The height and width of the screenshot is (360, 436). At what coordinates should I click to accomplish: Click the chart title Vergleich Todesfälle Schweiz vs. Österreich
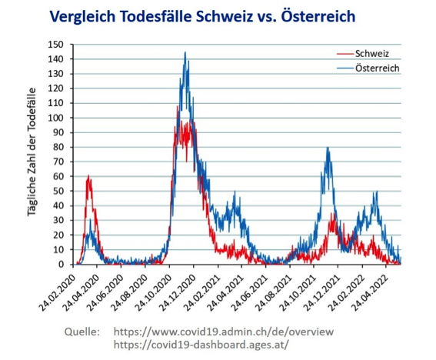[202, 16]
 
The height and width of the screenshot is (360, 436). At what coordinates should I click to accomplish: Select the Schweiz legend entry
[363, 53]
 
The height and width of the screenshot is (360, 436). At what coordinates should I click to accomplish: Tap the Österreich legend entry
[368, 68]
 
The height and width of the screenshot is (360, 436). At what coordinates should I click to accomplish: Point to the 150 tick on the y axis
[55, 45]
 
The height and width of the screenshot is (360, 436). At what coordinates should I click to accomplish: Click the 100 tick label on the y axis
[55, 118]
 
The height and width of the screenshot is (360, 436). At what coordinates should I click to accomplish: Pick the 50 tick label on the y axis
[58, 191]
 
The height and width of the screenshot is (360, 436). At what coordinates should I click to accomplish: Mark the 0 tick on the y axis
[61, 265]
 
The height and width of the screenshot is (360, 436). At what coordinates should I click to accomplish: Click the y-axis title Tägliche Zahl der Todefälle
[32, 152]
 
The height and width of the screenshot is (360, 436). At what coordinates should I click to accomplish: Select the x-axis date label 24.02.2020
[57, 293]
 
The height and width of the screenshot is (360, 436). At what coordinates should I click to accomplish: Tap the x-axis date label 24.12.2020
[178, 293]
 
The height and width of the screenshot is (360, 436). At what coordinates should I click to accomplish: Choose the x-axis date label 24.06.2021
[250, 293]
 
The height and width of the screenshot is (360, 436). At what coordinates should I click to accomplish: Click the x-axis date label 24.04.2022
[371, 293]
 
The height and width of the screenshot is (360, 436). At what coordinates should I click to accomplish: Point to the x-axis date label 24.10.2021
[298, 293]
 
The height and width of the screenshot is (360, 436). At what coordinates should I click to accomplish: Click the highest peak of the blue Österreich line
[185, 52]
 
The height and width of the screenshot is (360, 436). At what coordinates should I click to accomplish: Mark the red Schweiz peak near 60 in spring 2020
[88, 176]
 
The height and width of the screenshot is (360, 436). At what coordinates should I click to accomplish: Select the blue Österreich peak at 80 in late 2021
[328, 148]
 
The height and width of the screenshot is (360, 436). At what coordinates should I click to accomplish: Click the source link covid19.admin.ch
[224, 332]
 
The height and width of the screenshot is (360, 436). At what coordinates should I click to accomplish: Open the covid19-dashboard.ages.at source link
[201, 345]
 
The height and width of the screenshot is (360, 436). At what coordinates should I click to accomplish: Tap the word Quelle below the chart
[82, 332]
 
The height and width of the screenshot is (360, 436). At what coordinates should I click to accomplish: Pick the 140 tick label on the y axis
[55, 59]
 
